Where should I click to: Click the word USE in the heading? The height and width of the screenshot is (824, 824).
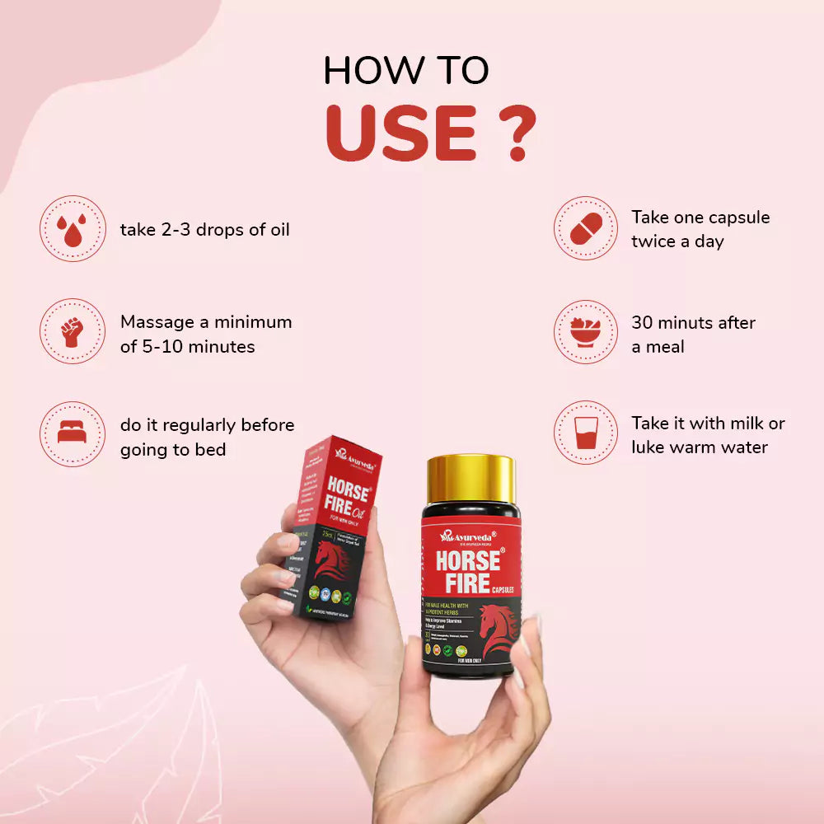click(400, 133)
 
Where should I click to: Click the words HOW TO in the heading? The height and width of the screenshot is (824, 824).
click(406, 72)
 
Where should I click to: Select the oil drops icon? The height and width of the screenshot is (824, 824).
click(73, 228)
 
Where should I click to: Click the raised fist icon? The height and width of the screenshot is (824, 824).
click(73, 331)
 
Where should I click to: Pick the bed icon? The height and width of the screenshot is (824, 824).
click(73, 434)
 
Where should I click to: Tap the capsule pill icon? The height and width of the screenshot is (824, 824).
click(586, 228)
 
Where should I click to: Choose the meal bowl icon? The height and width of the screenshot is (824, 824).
click(586, 331)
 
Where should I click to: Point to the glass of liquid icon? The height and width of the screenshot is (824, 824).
click(586, 434)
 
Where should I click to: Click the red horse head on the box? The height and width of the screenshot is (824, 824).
click(330, 560)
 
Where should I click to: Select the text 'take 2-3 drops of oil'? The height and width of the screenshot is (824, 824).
click(205, 229)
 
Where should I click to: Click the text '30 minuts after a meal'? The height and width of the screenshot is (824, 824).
click(693, 335)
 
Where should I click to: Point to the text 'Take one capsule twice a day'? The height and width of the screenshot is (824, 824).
click(700, 229)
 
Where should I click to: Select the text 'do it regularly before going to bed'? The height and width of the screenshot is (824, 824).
click(207, 438)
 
